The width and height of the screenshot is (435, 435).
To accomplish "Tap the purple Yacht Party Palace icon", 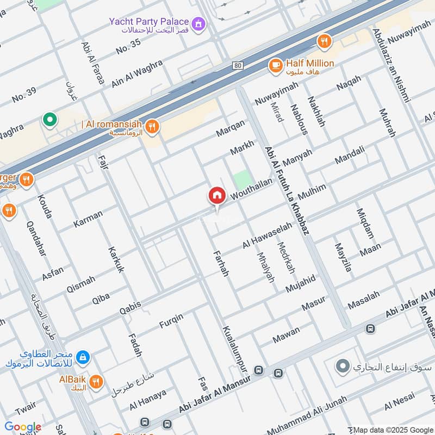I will [200, 23].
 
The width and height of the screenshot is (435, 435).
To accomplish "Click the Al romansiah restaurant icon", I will [153, 126].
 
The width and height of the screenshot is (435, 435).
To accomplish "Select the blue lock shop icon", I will [83, 357].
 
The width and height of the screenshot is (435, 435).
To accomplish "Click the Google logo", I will [23, 427].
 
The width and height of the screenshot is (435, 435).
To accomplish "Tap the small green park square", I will [243, 180].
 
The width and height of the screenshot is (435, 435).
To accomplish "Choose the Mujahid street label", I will [301, 283].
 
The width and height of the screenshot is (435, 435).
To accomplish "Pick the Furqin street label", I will [171, 321].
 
